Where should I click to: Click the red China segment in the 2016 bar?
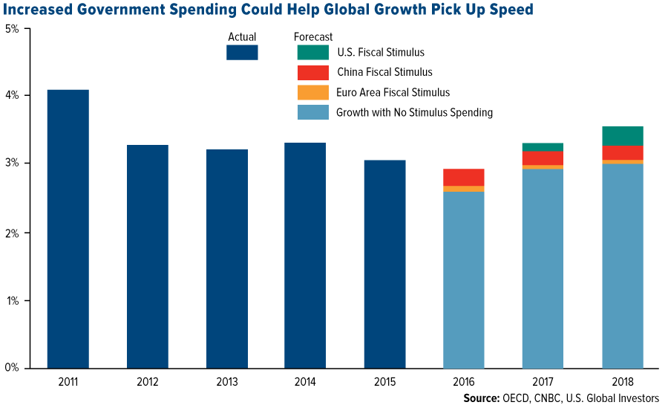[464, 177]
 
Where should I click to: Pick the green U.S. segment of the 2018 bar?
[622, 135]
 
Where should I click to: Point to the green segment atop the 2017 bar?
[543, 147]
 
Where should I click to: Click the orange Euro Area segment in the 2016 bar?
[464, 189]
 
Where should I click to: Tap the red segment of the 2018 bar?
[622, 152]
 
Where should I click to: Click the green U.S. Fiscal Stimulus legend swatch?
[312, 53]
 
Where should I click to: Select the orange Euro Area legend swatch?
[312, 93]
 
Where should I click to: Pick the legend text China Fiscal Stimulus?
[384, 73]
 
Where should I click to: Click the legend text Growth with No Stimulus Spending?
[414, 113]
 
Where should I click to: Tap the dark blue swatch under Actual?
[242, 53]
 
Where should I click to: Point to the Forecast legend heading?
[312, 36]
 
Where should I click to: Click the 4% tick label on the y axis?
[13, 96]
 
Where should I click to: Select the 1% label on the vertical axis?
[13, 300]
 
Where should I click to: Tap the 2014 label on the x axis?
[306, 382]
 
